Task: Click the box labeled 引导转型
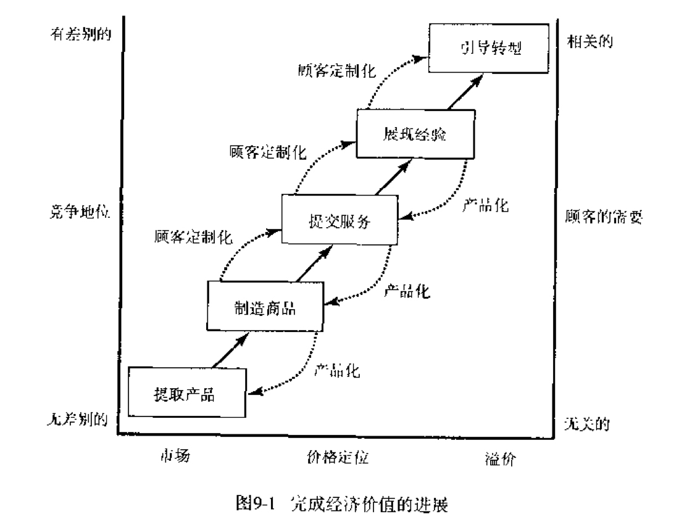pyautogui.click(x=489, y=48)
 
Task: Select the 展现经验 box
pyautogui.click(x=415, y=134)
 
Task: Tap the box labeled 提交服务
pyautogui.click(x=340, y=220)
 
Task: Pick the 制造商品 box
pyautogui.click(x=265, y=307)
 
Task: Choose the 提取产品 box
pyautogui.click(x=187, y=392)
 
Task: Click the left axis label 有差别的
pyautogui.click(x=81, y=34)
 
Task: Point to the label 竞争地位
pyautogui.click(x=80, y=212)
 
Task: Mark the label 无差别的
pyautogui.click(x=78, y=419)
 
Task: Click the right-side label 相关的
pyautogui.click(x=590, y=41)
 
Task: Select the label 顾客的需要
pyautogui.click(x=604, y=217)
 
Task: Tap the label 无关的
pyautogui.click(x=587, y=423)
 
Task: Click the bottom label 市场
pyautogui.click(x=175, y=455)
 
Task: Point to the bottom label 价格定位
pyautogui.click(x=338, y=457)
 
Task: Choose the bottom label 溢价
pyautogui.click(x=501, y=458)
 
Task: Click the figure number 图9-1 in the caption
pyautogui.click(x=254, y=503)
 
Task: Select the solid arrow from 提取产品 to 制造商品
pyautogui.click(x=230, y=350)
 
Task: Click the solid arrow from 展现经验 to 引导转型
pyautogui.click(x=465, y=92)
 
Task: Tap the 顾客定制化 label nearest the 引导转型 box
pyautogui.click(x=337, y=70)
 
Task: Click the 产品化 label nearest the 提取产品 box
pyautogui.click(x=337, y=370)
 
